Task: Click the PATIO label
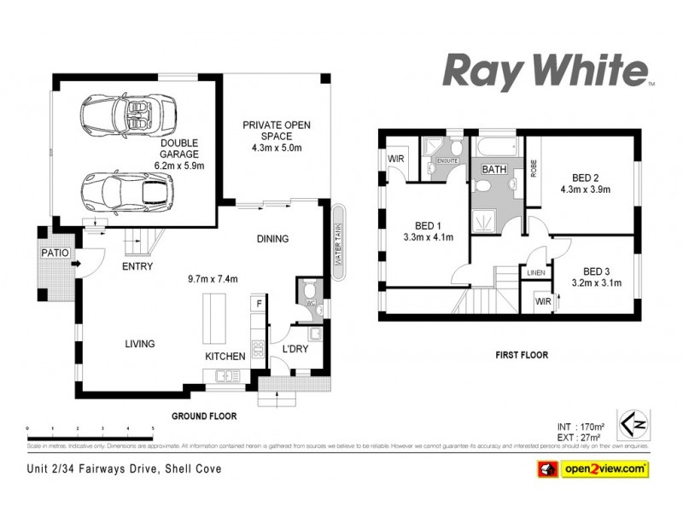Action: coord(55,253)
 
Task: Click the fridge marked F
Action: coord(258,303)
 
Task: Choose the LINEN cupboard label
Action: coord(535,273)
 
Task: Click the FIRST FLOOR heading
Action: coord(521,354)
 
